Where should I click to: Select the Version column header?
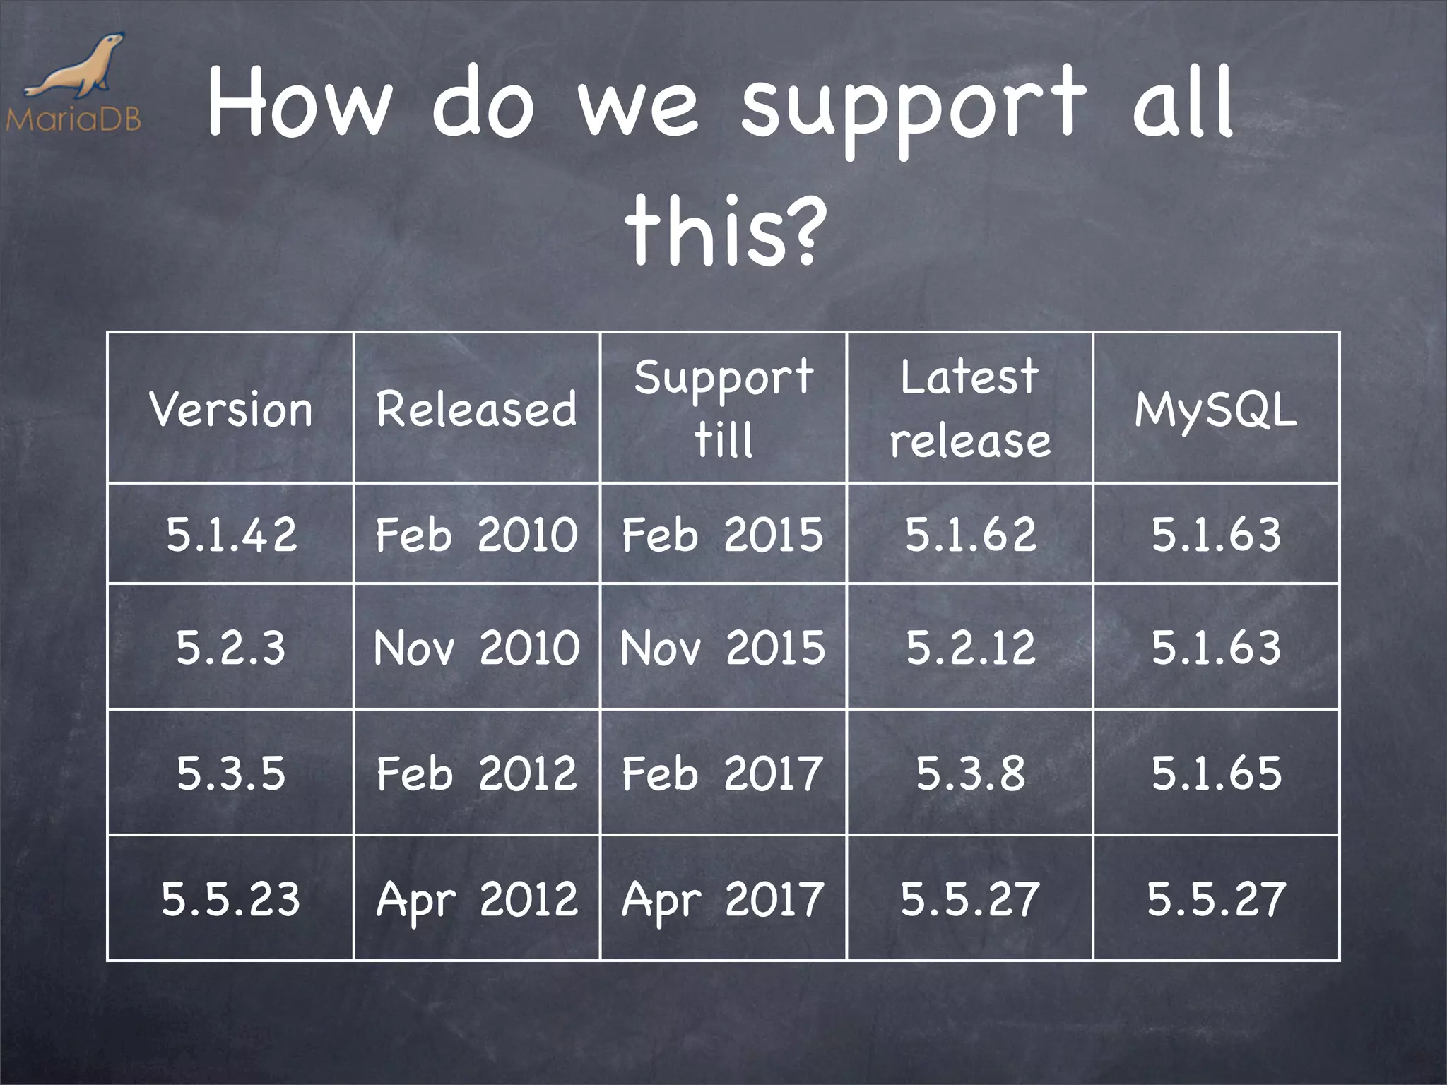[x=230, y=409]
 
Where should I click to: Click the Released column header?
[x=477, y=409]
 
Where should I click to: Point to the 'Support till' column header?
[x=723, y=408]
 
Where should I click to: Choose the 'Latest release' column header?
[x=970, y=408]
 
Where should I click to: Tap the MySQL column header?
[x=1216, y=409]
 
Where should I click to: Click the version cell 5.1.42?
[x=230, y=534]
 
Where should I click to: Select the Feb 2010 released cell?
[x=477, y=534]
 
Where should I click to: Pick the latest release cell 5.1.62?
[x=970, y=534]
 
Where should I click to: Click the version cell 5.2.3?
[x=230, y=647]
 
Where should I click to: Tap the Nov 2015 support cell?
[x=723, y=647]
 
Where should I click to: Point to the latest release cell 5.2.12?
[x=970, y=647]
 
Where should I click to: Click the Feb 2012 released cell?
[x=477, y=773]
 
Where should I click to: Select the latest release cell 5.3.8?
[x=970, y=773]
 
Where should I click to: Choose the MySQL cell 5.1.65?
[x=1216, y=773]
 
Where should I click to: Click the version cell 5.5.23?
[x=230, y=899]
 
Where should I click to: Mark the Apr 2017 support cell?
[x=723, y=899]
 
